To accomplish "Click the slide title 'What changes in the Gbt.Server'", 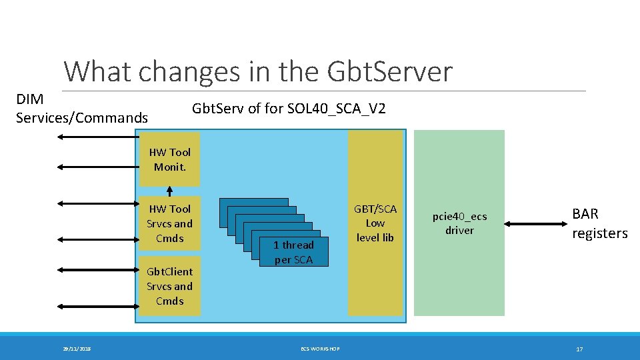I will [258, 72].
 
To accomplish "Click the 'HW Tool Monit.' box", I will [170, 160].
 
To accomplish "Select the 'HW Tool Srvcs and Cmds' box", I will [170, 224].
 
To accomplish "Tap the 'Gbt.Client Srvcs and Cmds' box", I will [170, 287].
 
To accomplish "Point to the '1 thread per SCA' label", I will [293, 252].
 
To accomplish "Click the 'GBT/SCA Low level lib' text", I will [375, 223].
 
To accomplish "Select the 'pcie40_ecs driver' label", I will [459, 223].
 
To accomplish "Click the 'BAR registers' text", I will [599, 223].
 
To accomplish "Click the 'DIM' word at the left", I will [30, 99].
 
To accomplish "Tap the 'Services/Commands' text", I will [81, 118].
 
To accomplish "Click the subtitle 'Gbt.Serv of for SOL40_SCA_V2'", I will [289, 108].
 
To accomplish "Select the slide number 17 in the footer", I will [579, 349].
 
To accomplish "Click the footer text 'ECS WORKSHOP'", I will [320, 349].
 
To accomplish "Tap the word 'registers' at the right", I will [599, 233].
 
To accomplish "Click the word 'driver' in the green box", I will [459, 231].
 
